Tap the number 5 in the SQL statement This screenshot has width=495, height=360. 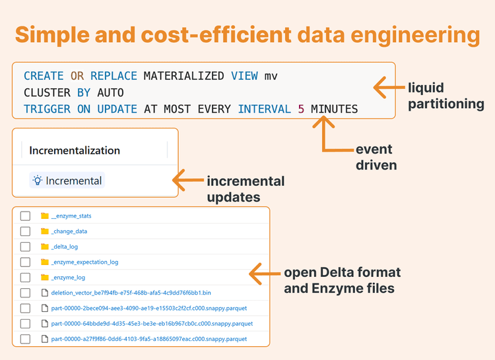click(302, 109)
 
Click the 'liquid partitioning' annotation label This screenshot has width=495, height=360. click(445, 96)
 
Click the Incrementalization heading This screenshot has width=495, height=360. click(75, 150)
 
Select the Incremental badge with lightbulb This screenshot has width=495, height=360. click(67, 181)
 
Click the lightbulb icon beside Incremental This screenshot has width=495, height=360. click(38, 181)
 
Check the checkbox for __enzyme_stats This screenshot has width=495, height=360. click(25, 216)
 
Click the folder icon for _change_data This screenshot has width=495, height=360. click(45, 231)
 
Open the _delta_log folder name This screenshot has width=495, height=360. click(64, 247)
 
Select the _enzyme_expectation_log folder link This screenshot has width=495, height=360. click(84, 262)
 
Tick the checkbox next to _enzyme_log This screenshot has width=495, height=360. click(25, 278)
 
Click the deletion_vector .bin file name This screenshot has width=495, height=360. click(117, 293)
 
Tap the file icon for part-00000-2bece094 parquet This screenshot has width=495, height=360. click(45, 308)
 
